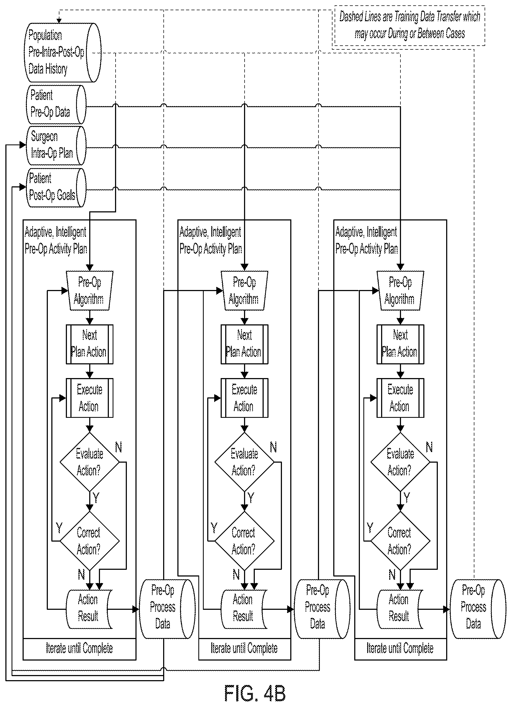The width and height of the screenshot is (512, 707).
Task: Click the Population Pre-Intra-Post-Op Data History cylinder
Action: pos(62,52)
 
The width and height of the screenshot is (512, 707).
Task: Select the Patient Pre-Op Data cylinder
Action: pos(56,104)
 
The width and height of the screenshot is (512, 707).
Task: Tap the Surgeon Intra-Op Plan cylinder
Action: pos(56,146)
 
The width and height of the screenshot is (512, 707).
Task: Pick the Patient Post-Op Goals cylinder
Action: pos(56,188)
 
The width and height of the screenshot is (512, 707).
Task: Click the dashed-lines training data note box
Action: pos(409,26)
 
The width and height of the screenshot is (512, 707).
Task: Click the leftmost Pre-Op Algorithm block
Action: pos(89,291)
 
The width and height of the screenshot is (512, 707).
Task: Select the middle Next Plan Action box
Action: pos(244,344)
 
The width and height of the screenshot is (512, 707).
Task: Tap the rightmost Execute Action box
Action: pos(400,398)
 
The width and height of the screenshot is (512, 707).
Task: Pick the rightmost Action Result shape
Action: pos(400,609)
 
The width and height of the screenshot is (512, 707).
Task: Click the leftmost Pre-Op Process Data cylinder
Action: pos(167,609)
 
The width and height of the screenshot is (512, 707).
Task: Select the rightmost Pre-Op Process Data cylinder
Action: pos(478,609)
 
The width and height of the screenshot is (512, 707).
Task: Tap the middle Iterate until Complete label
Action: pos(244,648)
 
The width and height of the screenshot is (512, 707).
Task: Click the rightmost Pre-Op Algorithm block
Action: pos(400,291)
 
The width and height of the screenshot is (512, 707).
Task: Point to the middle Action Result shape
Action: pos(244,609)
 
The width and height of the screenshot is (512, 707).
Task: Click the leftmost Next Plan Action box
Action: pos(89,344)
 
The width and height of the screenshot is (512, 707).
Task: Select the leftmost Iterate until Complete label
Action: pos(79,648)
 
